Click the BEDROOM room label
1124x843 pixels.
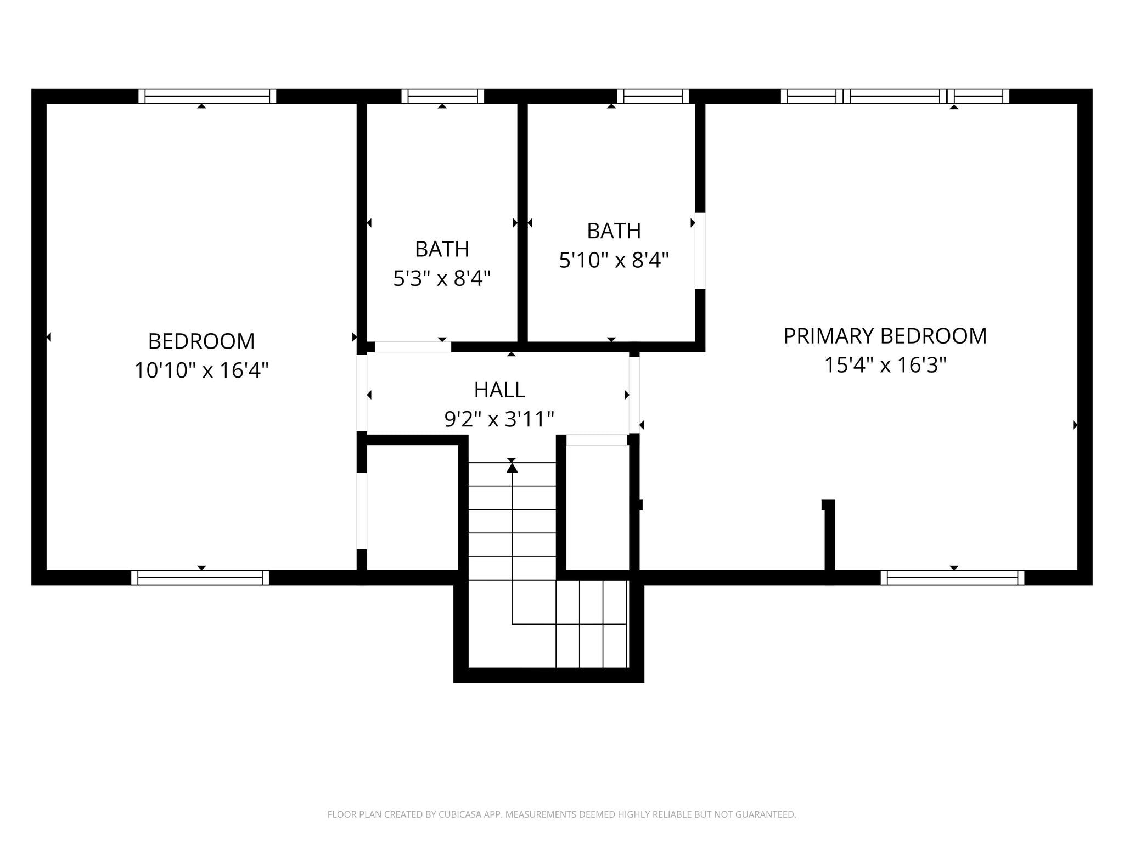point(201,341)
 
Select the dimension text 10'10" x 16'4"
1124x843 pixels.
point(201,370)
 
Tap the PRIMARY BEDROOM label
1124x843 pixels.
point(885,336)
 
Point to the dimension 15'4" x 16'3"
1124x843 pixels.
point(885,365)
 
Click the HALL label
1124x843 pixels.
point(499,390)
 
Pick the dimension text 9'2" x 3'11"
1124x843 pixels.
point(499,419)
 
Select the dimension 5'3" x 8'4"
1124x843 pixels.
point(442,279)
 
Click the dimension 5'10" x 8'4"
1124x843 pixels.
point(614,260)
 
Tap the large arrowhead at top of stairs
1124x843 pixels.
point(512,468)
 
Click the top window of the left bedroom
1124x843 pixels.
point(207,97)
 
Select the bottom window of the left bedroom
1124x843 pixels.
point(200,577)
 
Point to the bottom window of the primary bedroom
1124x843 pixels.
point(952,577)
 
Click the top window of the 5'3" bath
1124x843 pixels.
point(442,97)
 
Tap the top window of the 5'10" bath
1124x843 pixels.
point(653,97)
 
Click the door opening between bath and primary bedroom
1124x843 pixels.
point(700,251)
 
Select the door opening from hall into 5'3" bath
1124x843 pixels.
point(413,347)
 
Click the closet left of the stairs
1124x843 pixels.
point(412,508)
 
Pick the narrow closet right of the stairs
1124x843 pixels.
point(597,508)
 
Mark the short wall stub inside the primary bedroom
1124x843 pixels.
point(830,535)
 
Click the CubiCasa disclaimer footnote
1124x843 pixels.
point(561,814)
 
